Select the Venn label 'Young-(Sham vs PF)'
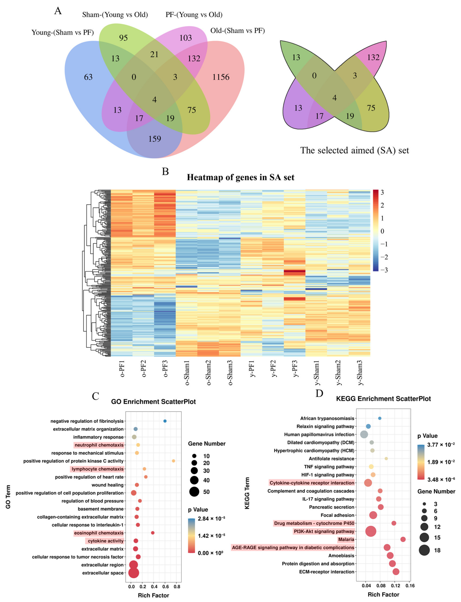pos(63,33)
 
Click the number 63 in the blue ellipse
pos(88,77)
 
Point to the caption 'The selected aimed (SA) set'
pos(355,150)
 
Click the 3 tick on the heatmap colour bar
pos(382,192)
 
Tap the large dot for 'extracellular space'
pos(134,573)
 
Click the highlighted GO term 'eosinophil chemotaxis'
pos(99,533)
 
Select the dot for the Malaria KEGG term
pos(403,539)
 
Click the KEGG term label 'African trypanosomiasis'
pos(327,418)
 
